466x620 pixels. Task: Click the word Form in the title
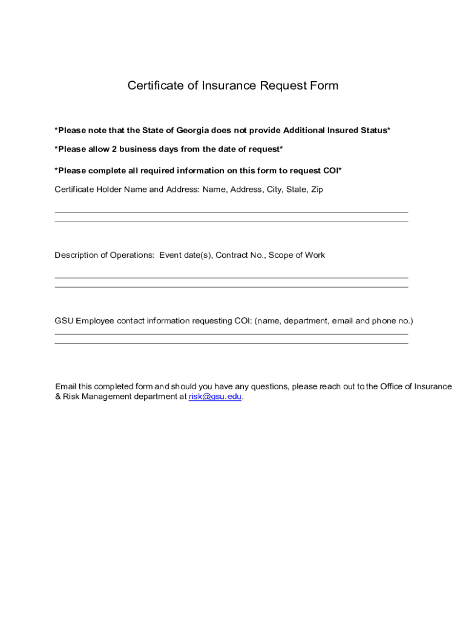pos(324,85)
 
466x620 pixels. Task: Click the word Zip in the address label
pos(316,190)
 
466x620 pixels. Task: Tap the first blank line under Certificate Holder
pos(231,213)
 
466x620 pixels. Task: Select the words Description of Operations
pos(104,255)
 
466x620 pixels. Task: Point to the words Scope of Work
pos(297,255)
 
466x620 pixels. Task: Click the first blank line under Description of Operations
pos(231,278)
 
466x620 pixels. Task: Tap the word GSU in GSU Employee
pos(64,320)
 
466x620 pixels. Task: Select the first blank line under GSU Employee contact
pos(231,334)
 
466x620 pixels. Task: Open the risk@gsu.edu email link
pos(215,397)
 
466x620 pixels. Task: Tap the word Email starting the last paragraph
pos(65,386)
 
